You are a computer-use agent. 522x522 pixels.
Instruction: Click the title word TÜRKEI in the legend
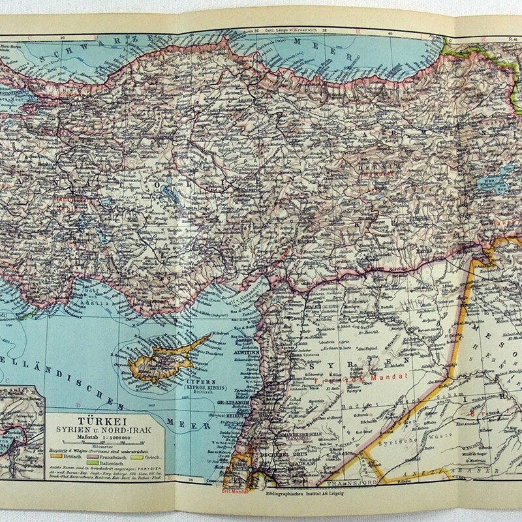click(102, 421)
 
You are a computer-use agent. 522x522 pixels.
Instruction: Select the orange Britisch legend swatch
click(56, 456)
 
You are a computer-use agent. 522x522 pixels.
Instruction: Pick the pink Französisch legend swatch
click(93, 457)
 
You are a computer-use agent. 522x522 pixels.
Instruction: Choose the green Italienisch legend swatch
click(93, 463)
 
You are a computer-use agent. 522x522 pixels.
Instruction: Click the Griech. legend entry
click(153, 457)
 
